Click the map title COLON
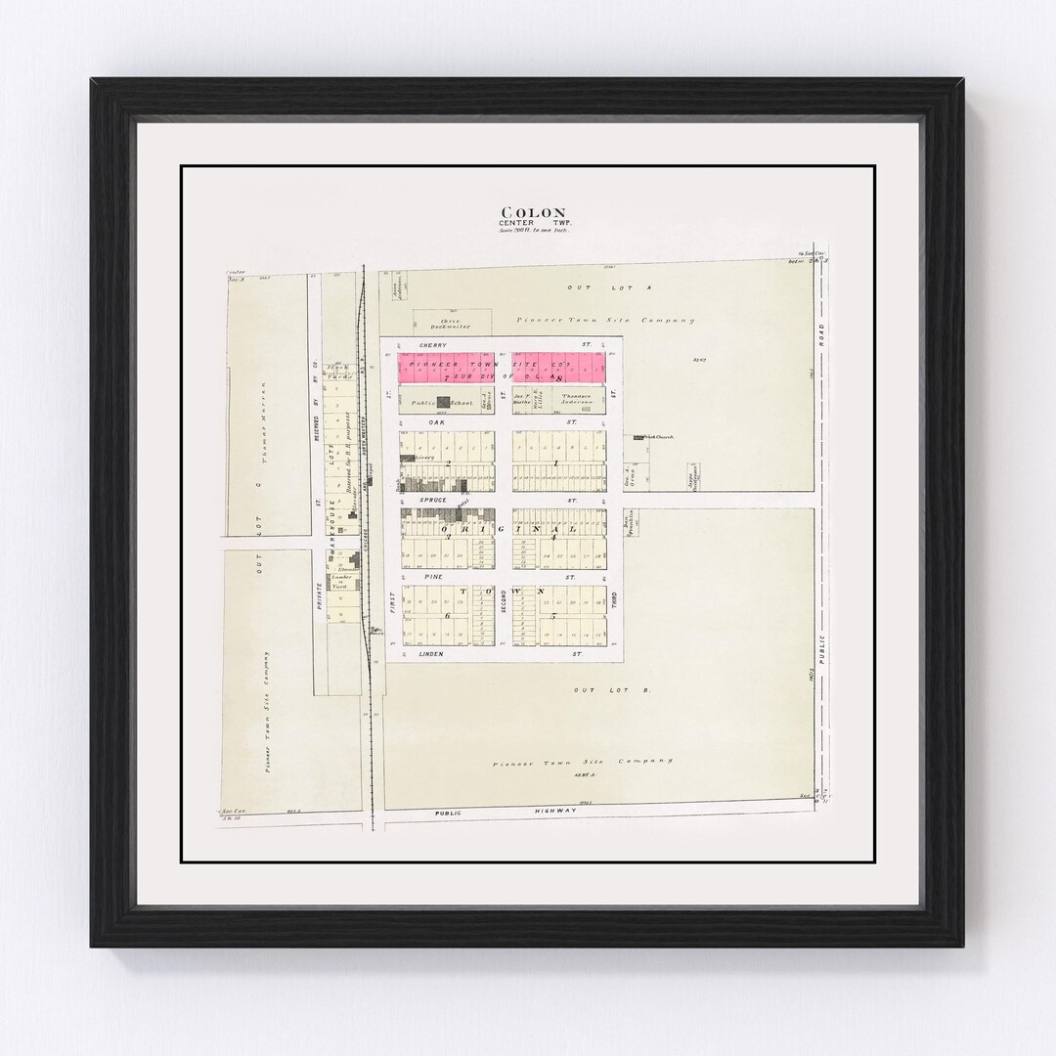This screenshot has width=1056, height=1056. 533,212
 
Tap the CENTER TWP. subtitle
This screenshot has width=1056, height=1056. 533,223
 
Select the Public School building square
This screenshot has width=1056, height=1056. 444,401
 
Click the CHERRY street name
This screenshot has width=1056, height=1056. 431,345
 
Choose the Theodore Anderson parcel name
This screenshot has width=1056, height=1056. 577,399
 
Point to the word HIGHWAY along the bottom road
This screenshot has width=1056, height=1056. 538,811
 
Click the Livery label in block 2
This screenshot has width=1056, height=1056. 423,457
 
